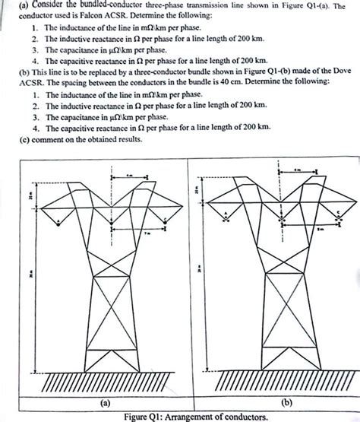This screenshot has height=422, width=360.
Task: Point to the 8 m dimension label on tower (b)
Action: [321, 227]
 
